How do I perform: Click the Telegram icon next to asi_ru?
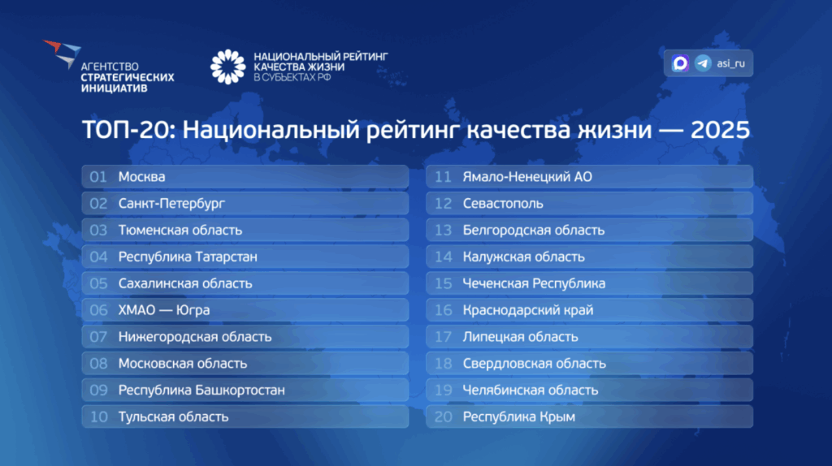coord(703,63)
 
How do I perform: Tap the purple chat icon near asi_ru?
coord(680,63)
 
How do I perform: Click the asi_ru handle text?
coord(730,63)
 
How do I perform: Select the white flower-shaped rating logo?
coord(228,67)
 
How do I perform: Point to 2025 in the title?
coord(720,130)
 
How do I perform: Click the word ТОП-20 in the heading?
coord(128,130)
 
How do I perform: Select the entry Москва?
coord(141,177)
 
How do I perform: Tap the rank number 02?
coord(98,204)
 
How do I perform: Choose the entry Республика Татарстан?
coord(188,257)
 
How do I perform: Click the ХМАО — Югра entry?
coord(164,310)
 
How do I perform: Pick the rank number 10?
coord(98,416)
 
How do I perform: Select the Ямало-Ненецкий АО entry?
coord(527,177)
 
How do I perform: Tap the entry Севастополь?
coord(503,204)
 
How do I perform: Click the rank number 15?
coord(443,283)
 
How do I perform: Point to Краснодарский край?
coord(528,310)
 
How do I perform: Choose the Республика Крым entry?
coord(519,417)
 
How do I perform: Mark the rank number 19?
coord(443,390)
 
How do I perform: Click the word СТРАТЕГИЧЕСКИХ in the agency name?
coord(128,77)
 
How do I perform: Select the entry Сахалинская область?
coord(185,283)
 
